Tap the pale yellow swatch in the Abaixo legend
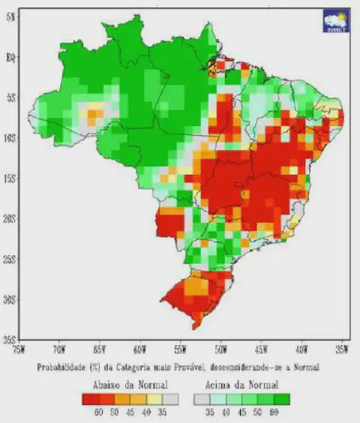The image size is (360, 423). [155, 398]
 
